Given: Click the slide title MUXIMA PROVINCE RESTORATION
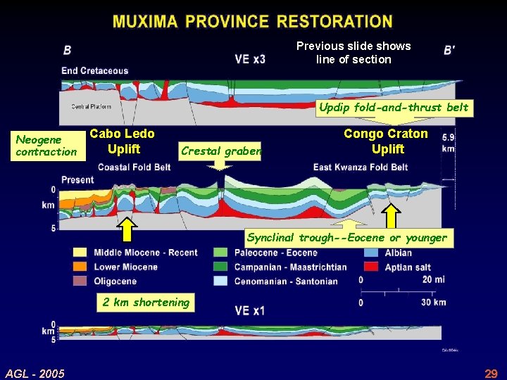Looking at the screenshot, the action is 253,21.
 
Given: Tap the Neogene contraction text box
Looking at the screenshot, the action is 46,146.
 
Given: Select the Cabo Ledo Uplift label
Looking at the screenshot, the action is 123,141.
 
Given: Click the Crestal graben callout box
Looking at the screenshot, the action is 220,150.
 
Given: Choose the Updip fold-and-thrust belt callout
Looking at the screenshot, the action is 393,108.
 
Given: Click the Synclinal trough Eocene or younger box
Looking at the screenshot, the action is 346,238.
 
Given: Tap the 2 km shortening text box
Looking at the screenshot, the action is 146,303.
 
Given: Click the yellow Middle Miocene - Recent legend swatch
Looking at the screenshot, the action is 80,253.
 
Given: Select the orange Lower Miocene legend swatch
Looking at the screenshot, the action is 80,267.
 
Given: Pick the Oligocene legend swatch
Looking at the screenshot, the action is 80,281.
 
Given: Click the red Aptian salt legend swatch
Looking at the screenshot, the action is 373,267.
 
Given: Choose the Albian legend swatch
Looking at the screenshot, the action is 373,253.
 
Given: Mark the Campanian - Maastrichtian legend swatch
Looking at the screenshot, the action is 221,267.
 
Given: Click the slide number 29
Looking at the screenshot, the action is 491,373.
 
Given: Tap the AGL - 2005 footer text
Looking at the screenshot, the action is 35,373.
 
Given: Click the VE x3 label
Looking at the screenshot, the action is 250,59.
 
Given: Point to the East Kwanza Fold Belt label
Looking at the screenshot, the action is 361,167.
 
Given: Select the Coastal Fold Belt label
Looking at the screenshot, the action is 134,167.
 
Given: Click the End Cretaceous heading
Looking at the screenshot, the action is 94,70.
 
